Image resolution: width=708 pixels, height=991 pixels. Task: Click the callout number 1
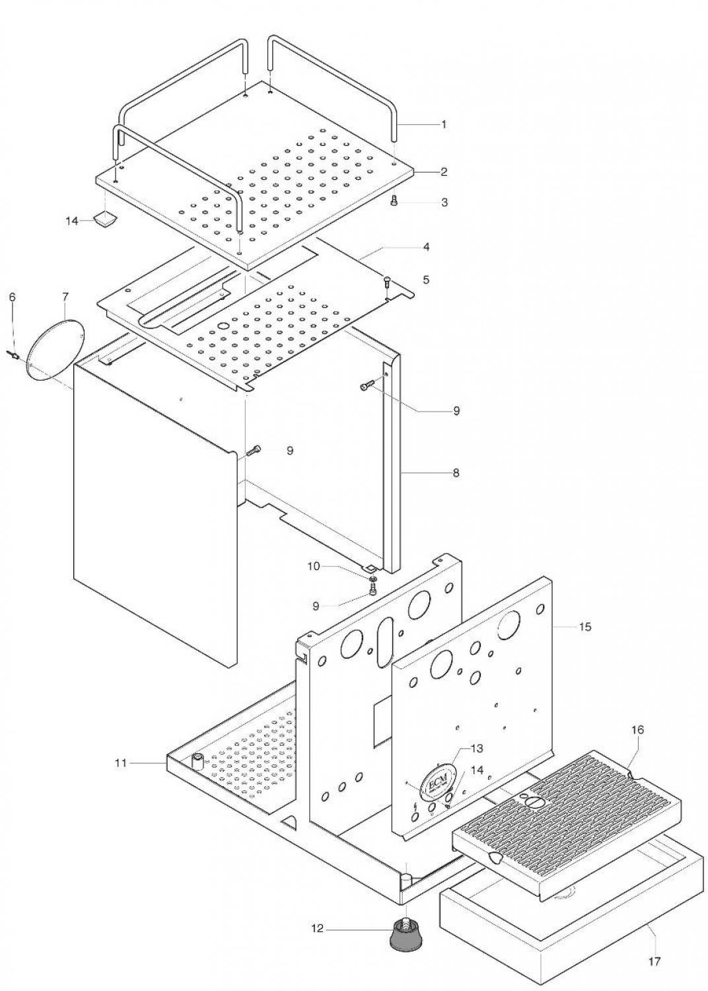coord(444,124)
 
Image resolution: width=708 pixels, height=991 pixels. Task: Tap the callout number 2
coord(444,172)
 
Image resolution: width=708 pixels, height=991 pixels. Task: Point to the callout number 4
coord(426,246)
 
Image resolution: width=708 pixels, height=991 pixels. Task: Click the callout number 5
coord(426,280)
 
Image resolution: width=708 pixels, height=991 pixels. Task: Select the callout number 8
coord(456,474)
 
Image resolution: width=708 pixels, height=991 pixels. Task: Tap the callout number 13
coord(477,749)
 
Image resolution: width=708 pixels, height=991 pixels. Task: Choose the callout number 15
coord(584,627)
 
